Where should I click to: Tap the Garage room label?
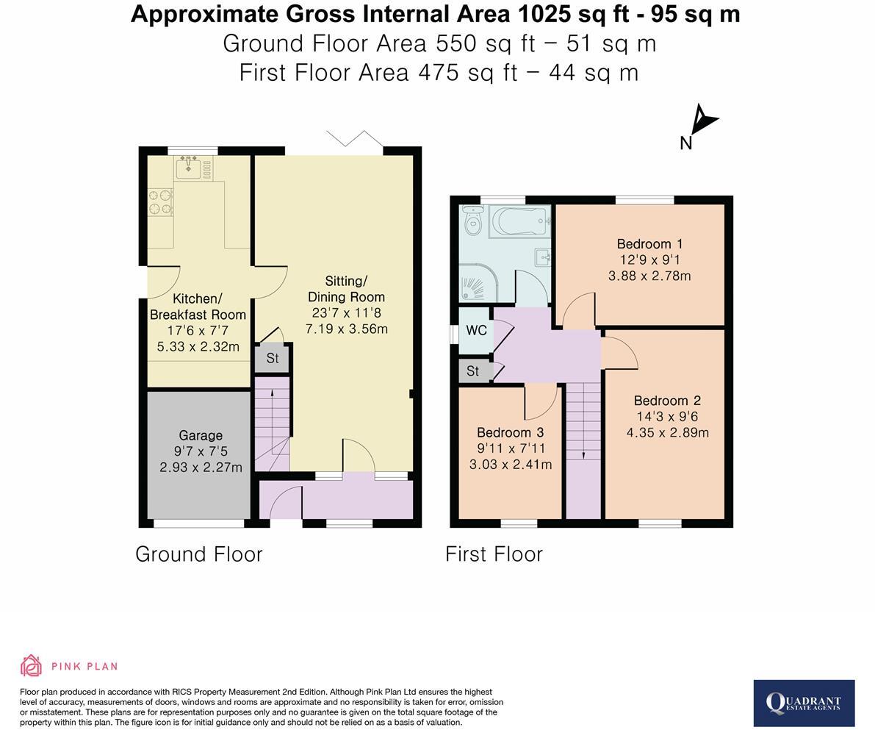tap(201, 435)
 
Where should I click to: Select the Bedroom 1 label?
tap(649, 243)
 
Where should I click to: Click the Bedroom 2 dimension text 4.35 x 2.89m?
tap(667, 432)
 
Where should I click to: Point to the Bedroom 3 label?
tap(510, 432)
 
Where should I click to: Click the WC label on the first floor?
tap(476, 330)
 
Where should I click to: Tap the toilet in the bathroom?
tap(473, 221)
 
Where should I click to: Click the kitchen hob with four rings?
tap(160, 202)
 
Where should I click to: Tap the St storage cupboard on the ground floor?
tap(273, 358)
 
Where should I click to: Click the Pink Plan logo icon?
tap(32, 666)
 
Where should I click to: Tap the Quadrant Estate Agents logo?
tap(804, 704)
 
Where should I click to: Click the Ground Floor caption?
tap(198, 554)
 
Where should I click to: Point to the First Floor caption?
tap(494, 554)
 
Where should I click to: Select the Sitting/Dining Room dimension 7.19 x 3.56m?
tap(347, 329)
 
